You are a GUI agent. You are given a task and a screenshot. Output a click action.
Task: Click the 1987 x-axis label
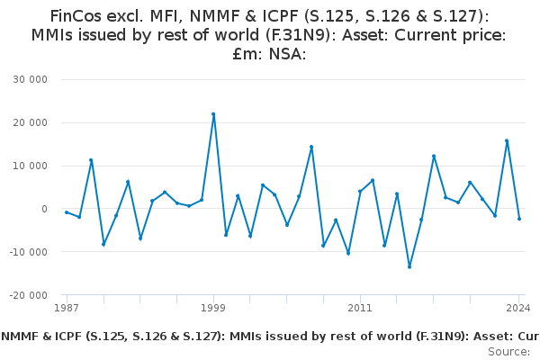point(67,309)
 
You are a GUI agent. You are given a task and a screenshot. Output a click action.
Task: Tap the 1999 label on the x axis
point(213,309)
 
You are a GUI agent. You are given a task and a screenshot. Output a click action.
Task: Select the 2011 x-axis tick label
point(360,309)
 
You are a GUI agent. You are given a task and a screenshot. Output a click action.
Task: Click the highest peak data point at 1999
point(213,114)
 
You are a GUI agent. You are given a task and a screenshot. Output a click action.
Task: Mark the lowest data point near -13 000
point(409,266)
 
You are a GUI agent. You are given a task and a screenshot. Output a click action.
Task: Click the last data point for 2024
point(519,219)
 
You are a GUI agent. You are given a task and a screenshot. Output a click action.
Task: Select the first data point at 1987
point(67,212)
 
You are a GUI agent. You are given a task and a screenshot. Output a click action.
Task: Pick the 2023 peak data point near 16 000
point(507,140)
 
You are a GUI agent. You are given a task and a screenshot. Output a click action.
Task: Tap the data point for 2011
point(360,191)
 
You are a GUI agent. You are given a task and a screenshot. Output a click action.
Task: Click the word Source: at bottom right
point(508,351)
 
